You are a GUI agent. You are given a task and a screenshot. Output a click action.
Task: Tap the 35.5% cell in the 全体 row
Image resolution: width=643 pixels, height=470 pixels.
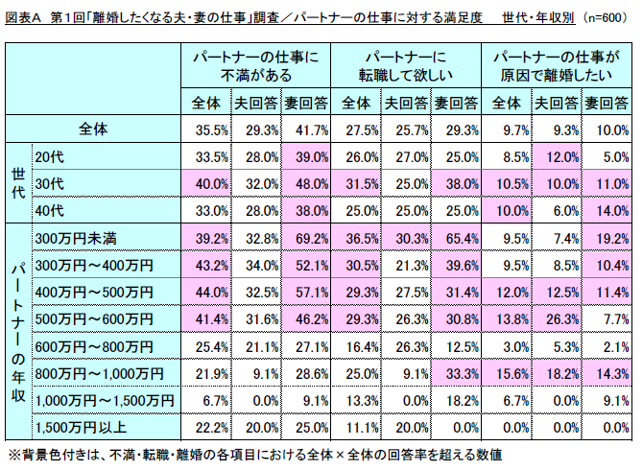pos(208,129)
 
